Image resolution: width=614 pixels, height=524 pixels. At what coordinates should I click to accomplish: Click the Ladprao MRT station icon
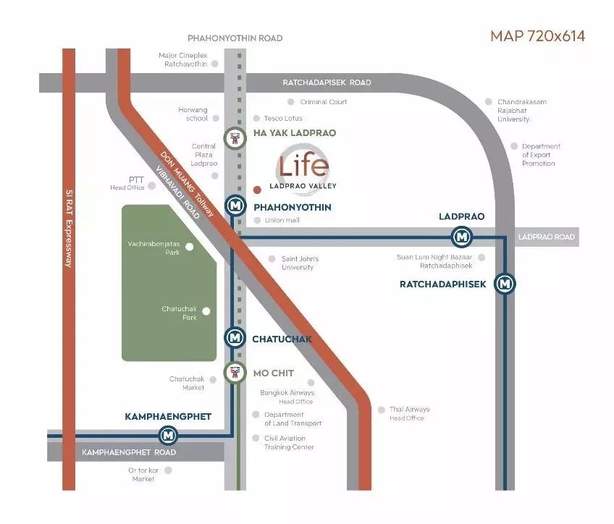(461, 237)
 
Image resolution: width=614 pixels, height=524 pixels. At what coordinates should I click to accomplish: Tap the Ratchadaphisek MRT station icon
(505, 284)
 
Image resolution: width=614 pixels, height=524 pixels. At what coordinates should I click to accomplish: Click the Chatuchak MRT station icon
(234, 337)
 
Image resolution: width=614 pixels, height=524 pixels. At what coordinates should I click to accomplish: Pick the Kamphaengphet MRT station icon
(169, 435)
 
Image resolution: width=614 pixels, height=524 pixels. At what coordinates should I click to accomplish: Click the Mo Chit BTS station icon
(234, 373)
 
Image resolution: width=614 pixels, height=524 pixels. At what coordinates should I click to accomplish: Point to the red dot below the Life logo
(257, 190)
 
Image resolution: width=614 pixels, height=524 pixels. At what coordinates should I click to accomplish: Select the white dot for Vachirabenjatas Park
(190, 247)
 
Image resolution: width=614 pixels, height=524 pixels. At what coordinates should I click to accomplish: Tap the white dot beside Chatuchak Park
(206, 311)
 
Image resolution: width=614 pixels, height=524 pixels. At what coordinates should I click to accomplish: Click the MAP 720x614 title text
(537, 36)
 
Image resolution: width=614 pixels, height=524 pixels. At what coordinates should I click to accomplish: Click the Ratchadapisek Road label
(327, 83)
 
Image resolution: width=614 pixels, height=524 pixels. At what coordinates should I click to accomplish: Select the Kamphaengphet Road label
(129, 452)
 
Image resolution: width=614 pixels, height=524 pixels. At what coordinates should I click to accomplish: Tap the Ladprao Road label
(547, 237)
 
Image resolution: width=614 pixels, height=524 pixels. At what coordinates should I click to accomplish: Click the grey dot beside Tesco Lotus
(256, 118)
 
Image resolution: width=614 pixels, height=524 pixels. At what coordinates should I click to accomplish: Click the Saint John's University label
(300, 263)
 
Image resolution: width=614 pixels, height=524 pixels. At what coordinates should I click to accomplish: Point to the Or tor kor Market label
(143, 474)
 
